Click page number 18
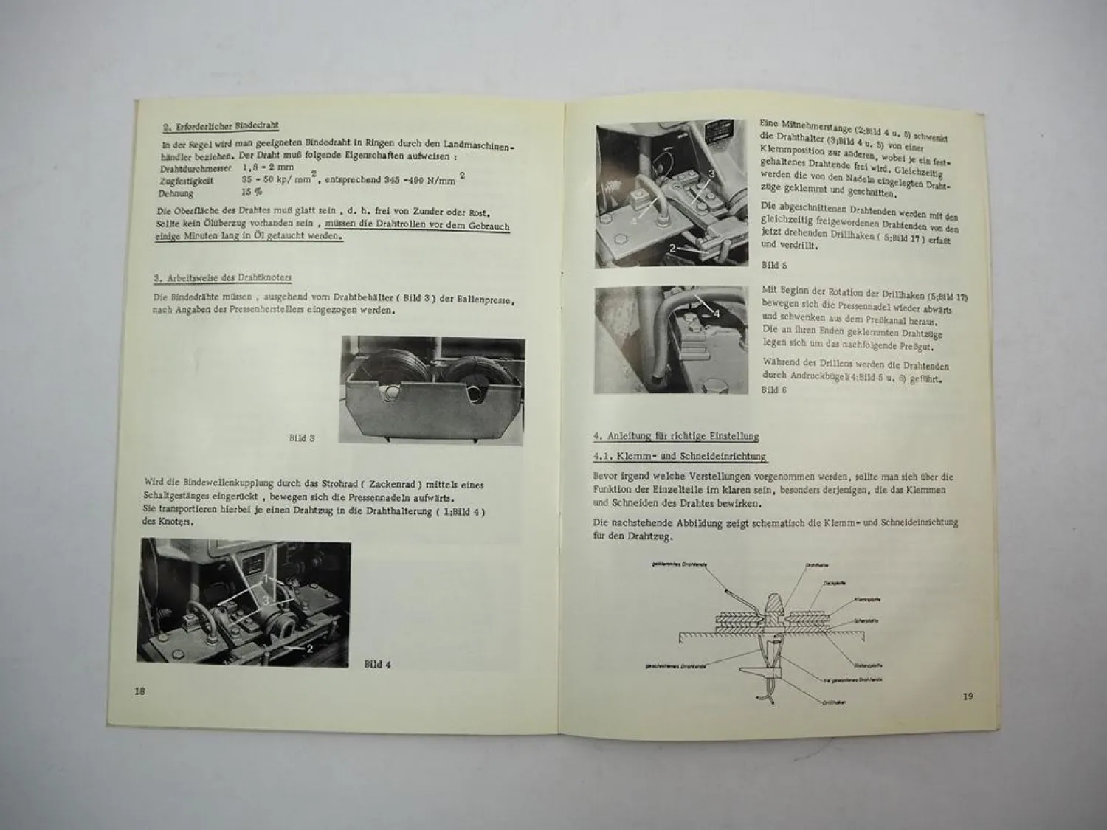click(x=139, y=691)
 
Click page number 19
click(x=968, y=696)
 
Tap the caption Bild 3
click(x=302, y=438)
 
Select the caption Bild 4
click(x=378, y=664)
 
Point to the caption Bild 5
click(x=774, y=264)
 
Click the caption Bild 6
click(x=774, y=390)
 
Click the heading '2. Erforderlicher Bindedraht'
click(x=221, y=126)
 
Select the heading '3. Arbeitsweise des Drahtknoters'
click(x=222, y=278)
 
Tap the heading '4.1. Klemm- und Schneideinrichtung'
click(x=680, y=457)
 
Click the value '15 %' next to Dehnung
click(x=252, y=193)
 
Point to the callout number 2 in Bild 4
click(x=310, y=649)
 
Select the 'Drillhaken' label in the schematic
click(x=834, y=702)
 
